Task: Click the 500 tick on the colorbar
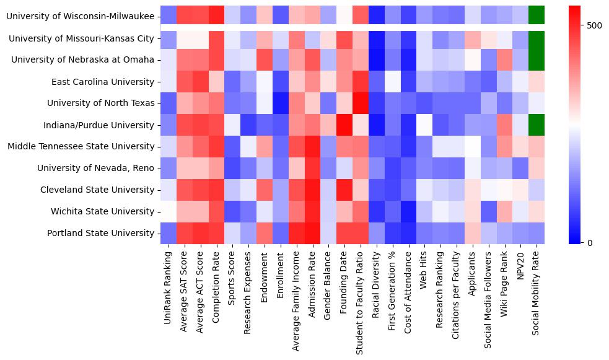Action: coord(594,26)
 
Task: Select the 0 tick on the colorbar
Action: coord(590,242)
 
